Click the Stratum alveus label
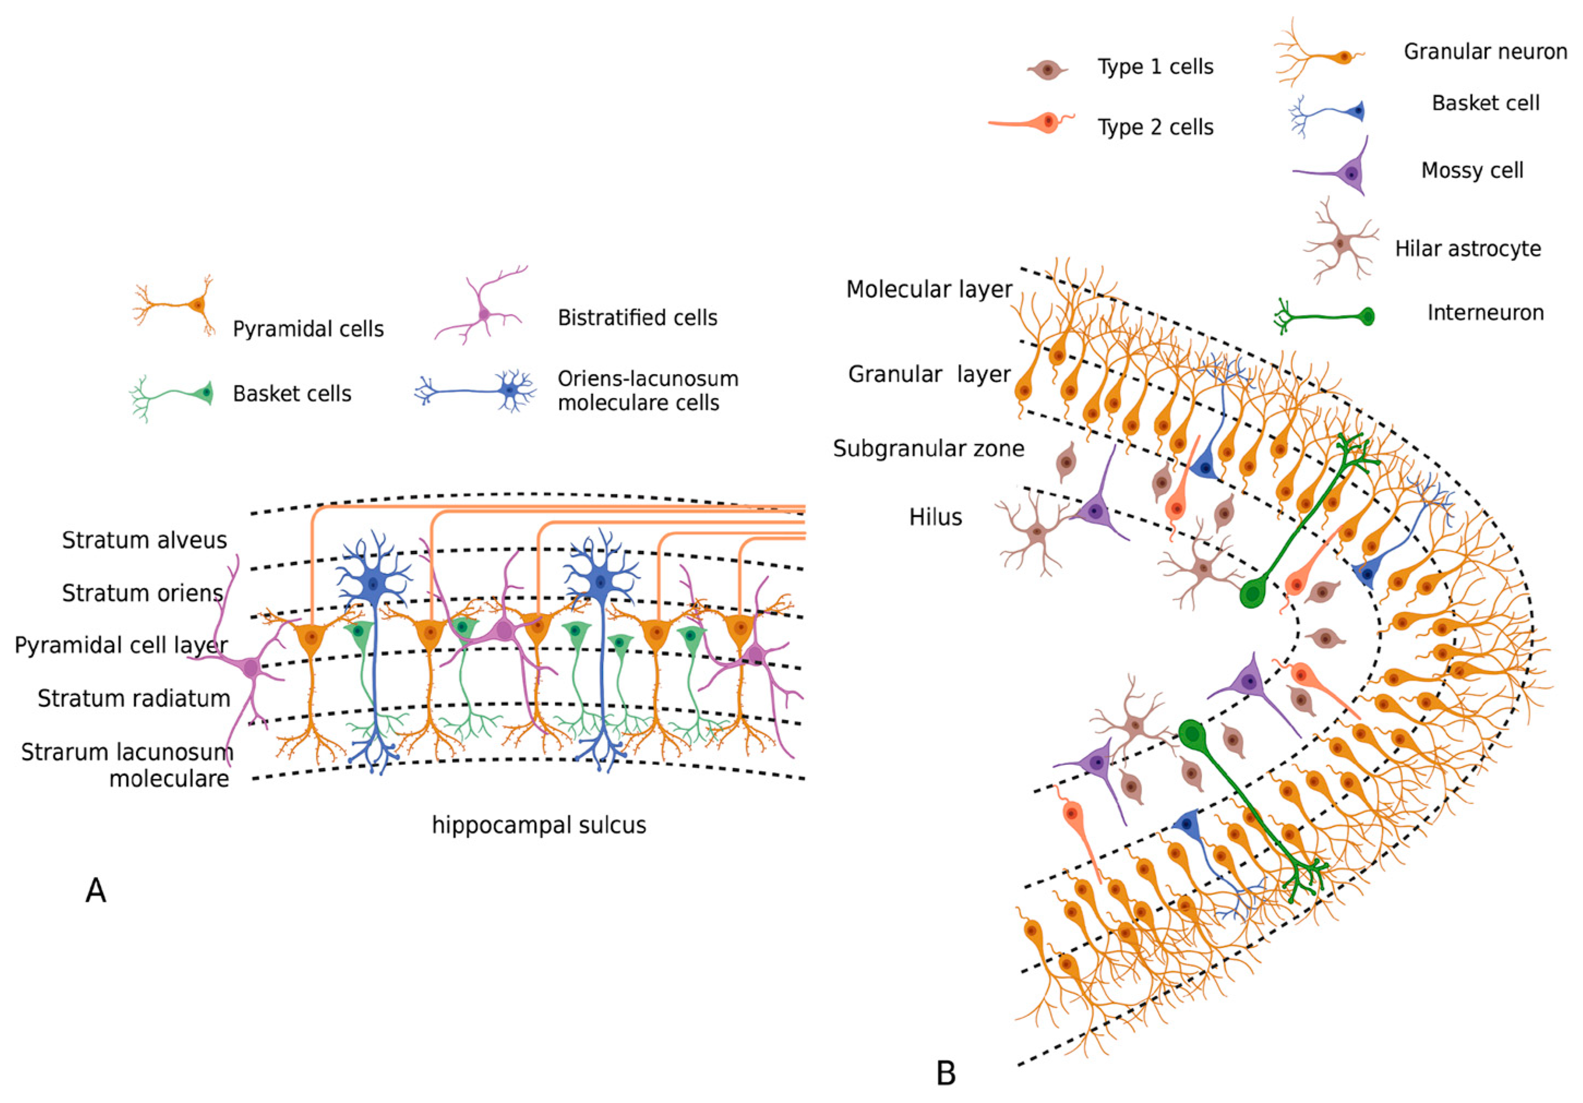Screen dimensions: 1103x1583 [x=144, y=540]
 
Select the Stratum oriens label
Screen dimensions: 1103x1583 [x=142, y=593]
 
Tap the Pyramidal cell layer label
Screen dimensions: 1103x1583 [x=121, y=645]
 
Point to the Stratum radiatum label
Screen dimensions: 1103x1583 [x=134, y=698]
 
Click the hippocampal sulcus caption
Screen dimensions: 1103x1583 [x=538, y=825]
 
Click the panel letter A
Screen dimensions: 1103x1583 [x=96, y=891]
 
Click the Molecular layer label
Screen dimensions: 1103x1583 [x=929, y=290]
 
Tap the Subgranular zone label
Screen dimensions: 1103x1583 [x=928, y=449]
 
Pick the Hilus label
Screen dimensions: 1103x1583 [x=935, y=517]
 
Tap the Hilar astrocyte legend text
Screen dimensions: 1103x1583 [x=1468, y=249]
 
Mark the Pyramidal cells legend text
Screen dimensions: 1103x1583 [x=308, y=329]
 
